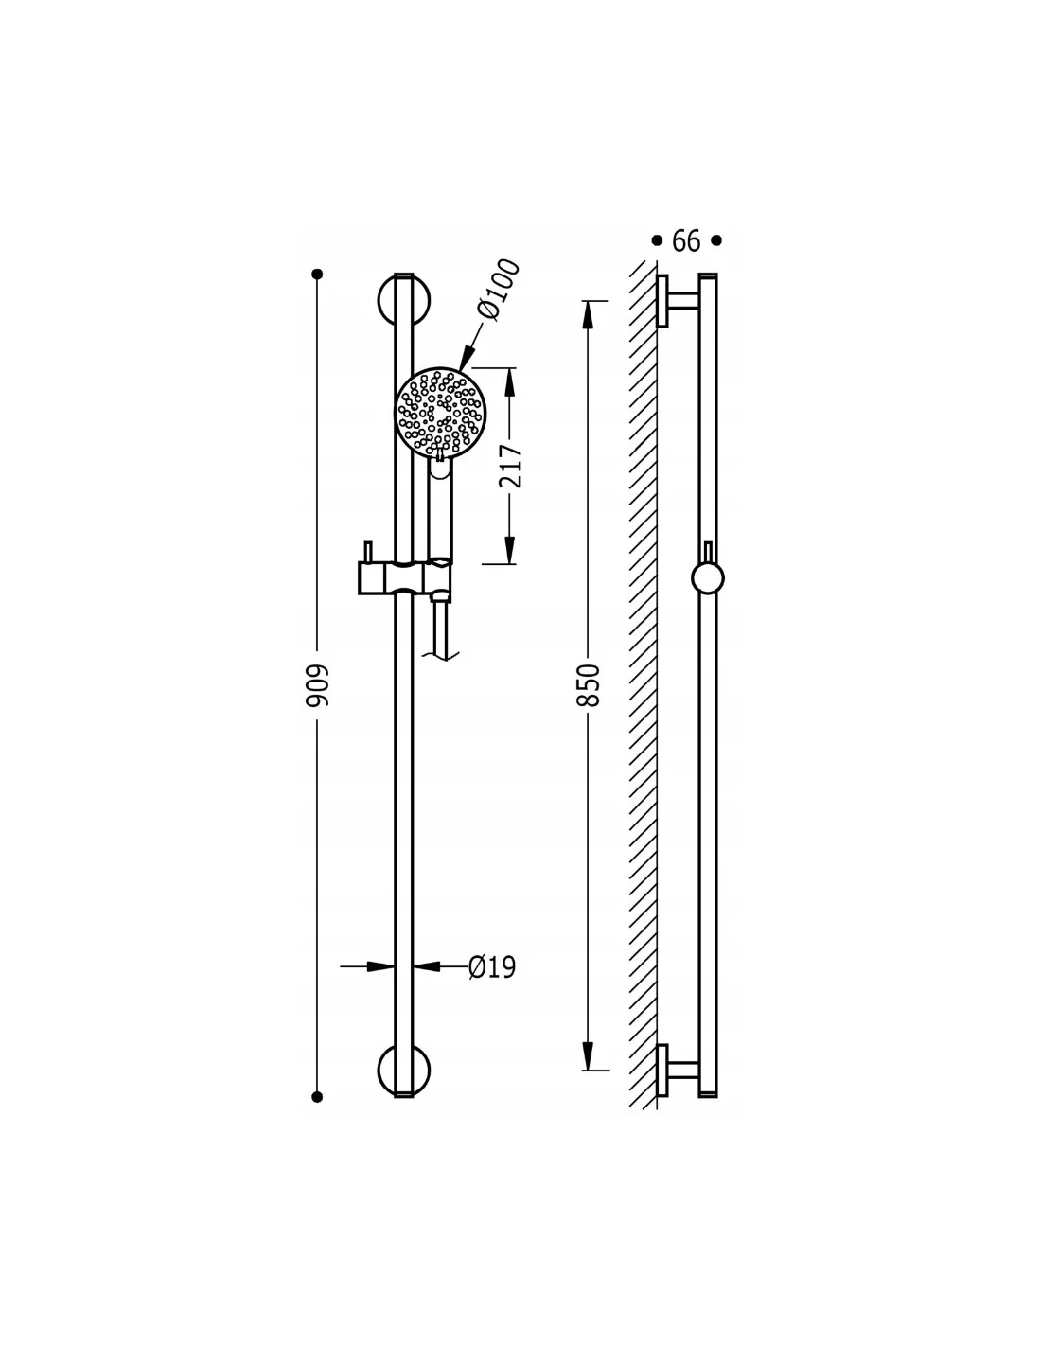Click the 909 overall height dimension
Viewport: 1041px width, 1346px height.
tap(317, 685)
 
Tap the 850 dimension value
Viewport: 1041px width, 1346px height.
tap(588, 685)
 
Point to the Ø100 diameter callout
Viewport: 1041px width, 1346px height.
tap(497, 289)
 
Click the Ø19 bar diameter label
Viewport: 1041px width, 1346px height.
tap(492, 967)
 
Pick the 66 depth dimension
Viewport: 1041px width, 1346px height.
tap(686, 240)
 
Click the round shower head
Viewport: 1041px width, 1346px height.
tap(440, 413)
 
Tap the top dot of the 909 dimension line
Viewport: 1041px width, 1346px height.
tap(317, 274)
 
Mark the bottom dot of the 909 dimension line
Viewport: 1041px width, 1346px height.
tap(317, 1098)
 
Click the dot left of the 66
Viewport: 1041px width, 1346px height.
tap(657, 240)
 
